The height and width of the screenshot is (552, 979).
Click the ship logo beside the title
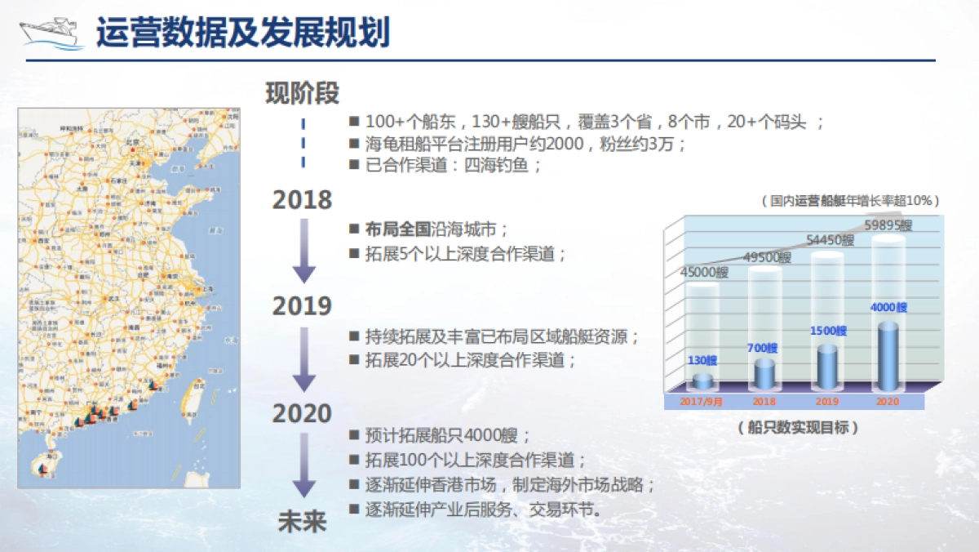[x=51, y=33]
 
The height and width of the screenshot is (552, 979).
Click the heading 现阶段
[x=302, y=94]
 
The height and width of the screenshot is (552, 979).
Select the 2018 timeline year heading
[x=302, y=200]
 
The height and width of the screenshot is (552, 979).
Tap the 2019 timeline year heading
[x=302, y=306]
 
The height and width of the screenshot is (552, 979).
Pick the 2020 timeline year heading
[x=302, y=413]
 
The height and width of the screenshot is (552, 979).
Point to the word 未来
[x=302, y=523]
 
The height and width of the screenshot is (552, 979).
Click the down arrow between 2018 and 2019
[x=303, y=252]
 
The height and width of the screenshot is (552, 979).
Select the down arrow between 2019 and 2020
[x=303, y=359]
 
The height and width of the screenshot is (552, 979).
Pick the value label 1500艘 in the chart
[x=828, y=332]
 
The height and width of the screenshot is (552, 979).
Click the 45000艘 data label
[x=704, y=273]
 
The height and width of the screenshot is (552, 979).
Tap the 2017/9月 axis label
[x=702, y=402]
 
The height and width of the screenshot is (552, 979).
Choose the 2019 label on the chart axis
[x=827, y=402]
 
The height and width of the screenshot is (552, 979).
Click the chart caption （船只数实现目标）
[x=799, y=427]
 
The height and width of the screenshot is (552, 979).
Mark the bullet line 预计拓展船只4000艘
[x=448, y=435]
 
